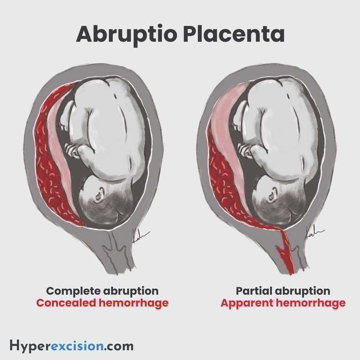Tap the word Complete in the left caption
coord(69,291)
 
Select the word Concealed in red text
coord(66,303)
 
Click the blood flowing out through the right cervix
coord(286,253)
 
